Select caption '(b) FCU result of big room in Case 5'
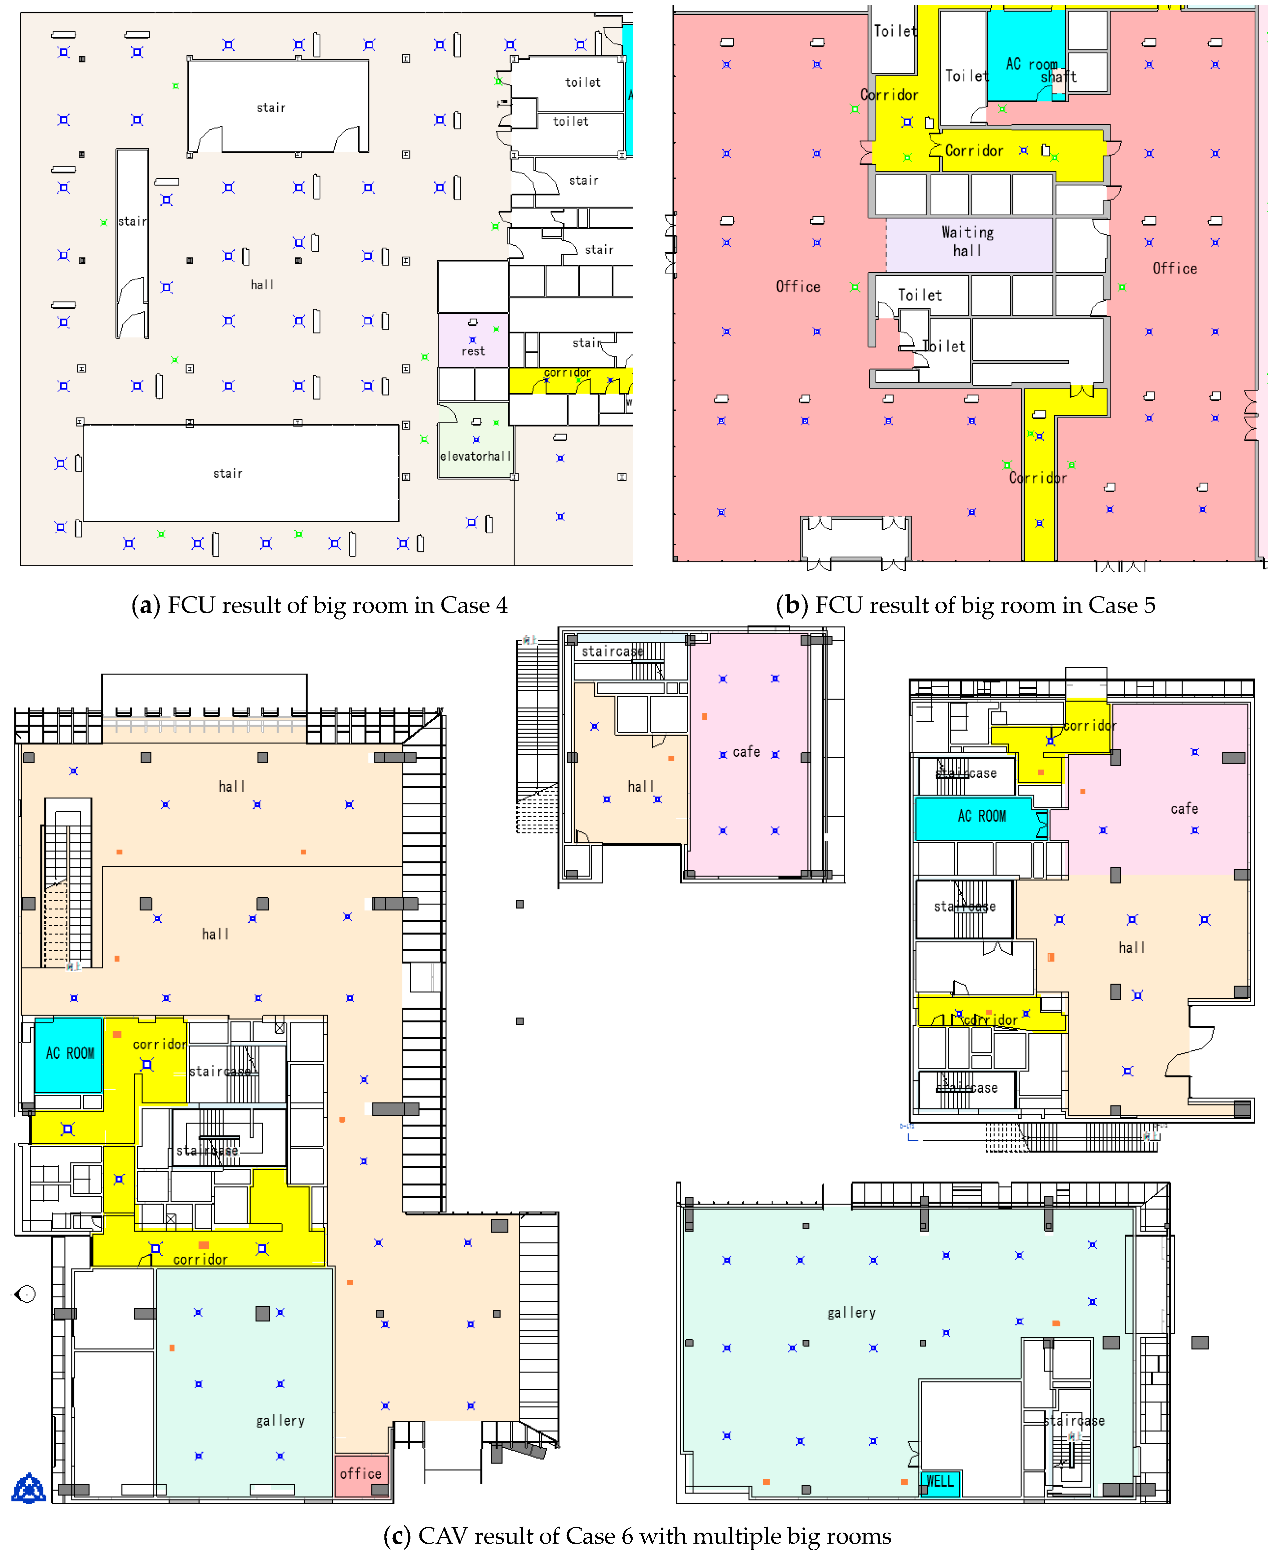pyautogui.click(x=965, y=605)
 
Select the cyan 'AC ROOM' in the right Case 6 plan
pyautogui.click(x=981, y=816)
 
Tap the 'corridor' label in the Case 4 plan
pyautogui.click(x=567, y=372)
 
